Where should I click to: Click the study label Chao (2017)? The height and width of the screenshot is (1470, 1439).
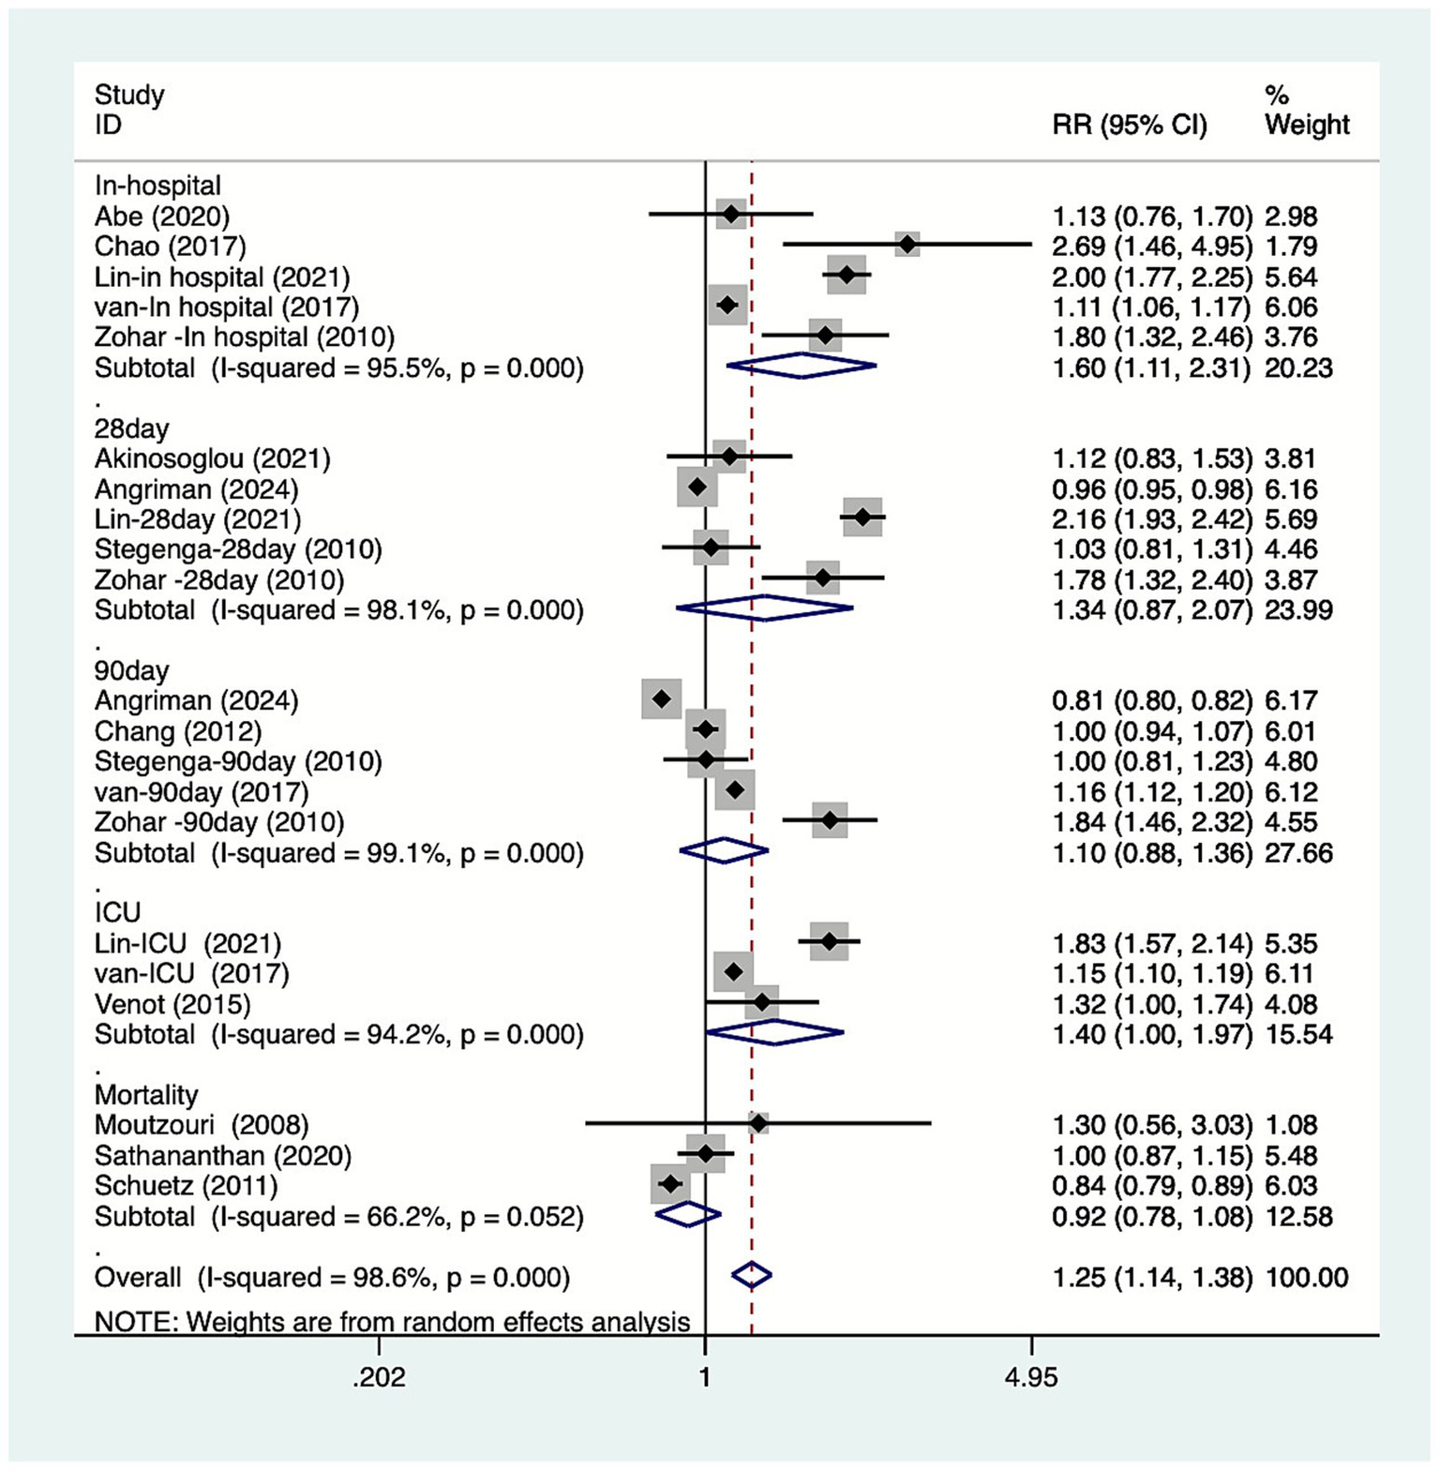click(x=170, y=247)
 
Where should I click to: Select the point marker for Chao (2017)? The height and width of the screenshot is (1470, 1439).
click(x=907, y=245)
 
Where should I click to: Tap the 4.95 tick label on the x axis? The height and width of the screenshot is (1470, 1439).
click(x=1030, y=1377)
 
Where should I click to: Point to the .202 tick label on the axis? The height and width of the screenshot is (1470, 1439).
click(x=379, y=1377)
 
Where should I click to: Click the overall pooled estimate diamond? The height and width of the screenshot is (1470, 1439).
click(x=751, y=1275)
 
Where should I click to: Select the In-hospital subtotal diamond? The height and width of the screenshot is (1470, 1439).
click(x=802, y=367)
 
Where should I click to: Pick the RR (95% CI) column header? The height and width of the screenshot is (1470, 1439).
click(x=1129, y=125)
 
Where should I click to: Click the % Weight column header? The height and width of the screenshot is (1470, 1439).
click(x=1306, y=111)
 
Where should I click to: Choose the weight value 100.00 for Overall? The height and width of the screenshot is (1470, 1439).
click(x=1307, y=1277)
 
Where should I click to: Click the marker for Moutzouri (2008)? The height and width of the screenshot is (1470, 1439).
click(x=758, y=1123)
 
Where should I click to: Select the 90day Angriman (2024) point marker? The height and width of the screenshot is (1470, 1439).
click(x=661, y=699)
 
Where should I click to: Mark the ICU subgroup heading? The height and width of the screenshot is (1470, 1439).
click(x=117, y=913)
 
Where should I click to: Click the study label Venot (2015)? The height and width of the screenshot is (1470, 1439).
click(x=172, y=1004)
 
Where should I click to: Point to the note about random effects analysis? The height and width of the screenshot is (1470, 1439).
click(x=392, y=1322)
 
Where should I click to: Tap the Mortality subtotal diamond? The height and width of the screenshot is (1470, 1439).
click(x=688, y=1215)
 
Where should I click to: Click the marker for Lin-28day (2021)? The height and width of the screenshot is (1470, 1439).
click(x=862, y=517)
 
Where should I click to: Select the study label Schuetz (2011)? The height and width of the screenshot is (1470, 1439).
click(x=186, y=1186)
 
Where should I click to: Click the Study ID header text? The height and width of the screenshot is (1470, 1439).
click(x=129, y=110)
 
